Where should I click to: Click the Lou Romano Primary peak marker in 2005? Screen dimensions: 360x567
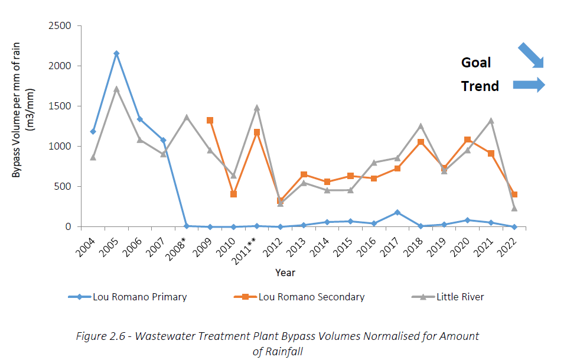(116, 53)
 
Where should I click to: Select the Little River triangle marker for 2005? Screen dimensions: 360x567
(116, 89)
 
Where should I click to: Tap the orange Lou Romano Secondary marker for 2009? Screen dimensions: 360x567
(210, 120)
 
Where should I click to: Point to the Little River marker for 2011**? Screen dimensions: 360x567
(257, 108)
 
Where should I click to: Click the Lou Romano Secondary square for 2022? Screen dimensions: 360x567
(514, 194)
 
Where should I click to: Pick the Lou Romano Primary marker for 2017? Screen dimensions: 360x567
(397, 212)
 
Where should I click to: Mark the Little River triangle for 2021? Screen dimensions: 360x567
(490, 121)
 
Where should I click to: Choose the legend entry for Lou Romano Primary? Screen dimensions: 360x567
(139, 297)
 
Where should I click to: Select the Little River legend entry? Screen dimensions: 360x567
(460, 297)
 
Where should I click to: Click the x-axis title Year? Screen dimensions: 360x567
(285, 273)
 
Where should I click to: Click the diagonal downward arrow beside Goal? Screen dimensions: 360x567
(530, 56)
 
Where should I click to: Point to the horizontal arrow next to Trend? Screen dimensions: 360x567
(528, 85)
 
